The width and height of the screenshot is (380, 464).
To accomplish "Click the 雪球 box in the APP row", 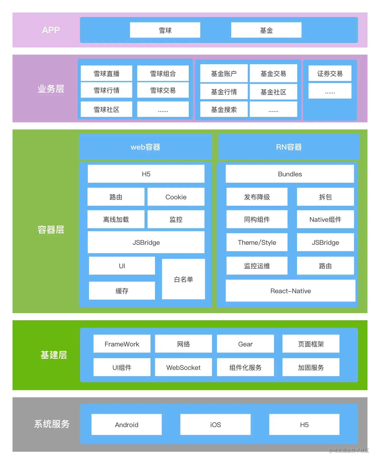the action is click(165, 30).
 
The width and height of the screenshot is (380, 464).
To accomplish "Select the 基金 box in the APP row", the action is click(266, 30).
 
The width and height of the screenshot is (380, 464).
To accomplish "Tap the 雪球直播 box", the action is click(106, 73).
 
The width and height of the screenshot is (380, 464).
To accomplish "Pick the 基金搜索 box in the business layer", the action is click(224, 109).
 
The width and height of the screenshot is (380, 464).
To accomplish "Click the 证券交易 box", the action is click(330, 73).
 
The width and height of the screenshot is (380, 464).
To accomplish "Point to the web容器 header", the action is click(145, 147).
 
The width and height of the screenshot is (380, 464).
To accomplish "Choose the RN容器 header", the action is click(289, 147).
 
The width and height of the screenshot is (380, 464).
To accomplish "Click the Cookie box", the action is click(176, 197).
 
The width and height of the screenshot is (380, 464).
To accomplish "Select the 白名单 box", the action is click(183, 279).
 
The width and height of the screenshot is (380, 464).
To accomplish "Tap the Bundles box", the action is click(290, 174).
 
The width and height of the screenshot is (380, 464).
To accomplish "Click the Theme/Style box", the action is click(257, 242).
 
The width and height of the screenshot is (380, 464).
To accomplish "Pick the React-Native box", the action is click(291, 291).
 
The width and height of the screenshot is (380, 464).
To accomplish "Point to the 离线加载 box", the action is click(116, 219).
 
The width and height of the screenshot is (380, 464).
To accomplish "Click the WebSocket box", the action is click(183, 367).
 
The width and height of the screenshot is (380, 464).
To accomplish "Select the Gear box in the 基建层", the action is click(245, 344).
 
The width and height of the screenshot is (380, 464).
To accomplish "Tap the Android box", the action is click(126, 425).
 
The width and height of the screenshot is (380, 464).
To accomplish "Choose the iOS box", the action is click(215, 425).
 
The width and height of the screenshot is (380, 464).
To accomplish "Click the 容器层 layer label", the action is click(51, 229).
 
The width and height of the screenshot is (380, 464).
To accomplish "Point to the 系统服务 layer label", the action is click(52, 424).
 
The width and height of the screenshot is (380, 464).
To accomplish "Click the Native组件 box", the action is click(325, 219).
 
